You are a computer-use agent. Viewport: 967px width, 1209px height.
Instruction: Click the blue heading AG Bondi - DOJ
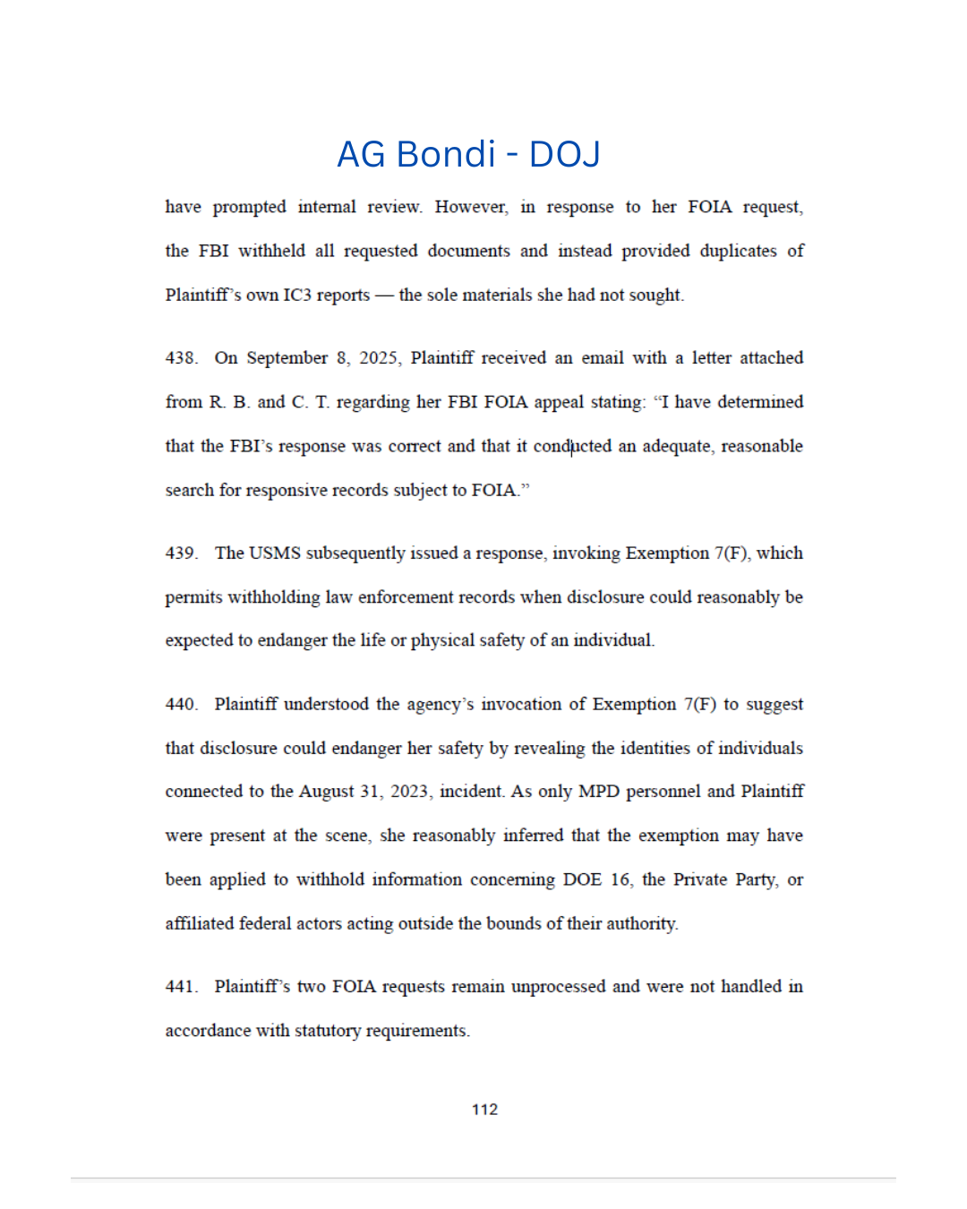[468, 154]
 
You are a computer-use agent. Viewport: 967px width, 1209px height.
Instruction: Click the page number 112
[484, 1109]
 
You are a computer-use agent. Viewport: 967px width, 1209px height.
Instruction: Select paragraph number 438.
[181, 358]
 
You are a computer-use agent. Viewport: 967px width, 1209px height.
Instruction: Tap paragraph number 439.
[181, 553]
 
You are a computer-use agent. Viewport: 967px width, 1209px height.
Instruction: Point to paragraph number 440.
[181, 705]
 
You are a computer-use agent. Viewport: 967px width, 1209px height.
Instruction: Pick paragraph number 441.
[181, 987]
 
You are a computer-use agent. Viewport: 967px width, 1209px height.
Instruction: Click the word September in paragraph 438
[287, 358]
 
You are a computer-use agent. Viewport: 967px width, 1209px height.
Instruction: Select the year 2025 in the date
[378, 358]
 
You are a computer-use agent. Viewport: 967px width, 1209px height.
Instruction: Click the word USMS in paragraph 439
[275, 553]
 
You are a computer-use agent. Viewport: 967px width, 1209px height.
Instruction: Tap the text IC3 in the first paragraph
[297, 296]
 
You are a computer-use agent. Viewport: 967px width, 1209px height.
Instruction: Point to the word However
[471, 207]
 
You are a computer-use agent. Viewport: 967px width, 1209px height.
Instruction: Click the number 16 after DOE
[620, 879]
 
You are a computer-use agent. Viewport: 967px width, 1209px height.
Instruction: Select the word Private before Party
[699, 879]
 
